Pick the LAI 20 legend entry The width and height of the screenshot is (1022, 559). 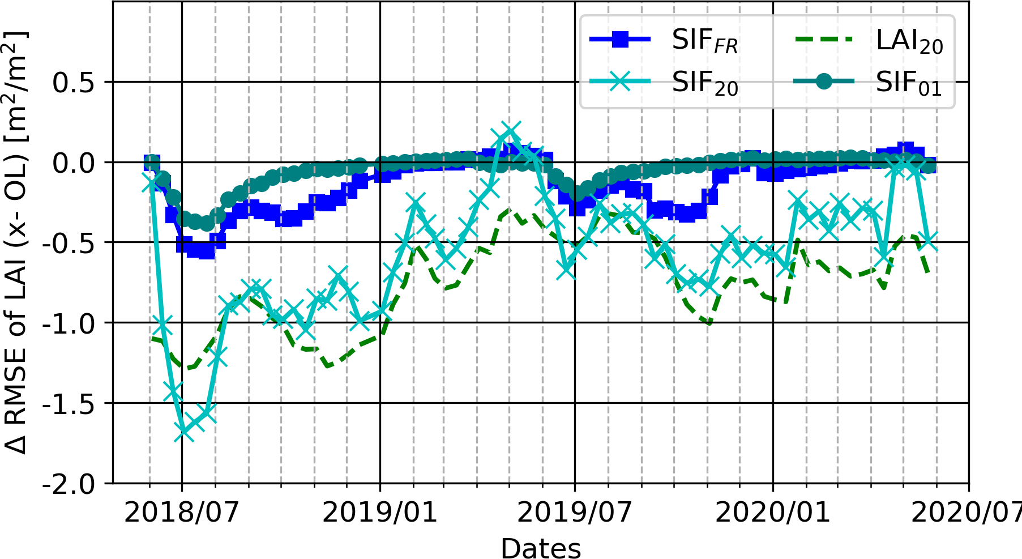coord(869,41)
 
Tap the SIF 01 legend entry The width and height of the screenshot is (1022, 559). coord(869,83)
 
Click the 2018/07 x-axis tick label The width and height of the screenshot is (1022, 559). coord(182,512)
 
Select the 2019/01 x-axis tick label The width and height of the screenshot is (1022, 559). coord(380,512)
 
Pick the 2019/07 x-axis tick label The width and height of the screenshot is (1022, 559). coord(575,512)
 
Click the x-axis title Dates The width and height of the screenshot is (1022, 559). coord(541,548)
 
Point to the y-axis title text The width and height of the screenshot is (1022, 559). coord(16,242)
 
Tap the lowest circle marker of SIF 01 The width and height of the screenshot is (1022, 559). coord(207,224)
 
